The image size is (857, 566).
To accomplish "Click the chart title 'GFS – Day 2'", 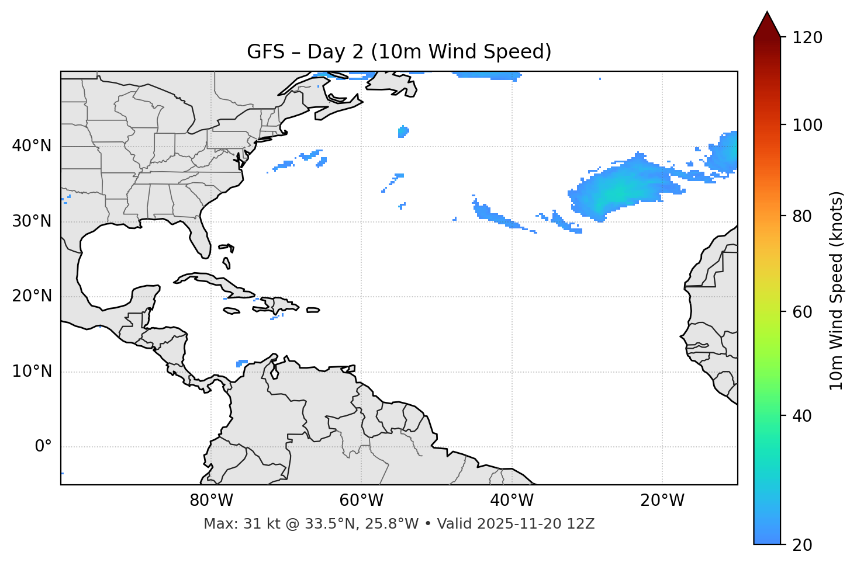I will [399, 52].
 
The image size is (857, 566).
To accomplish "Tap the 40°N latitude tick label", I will [32, 146].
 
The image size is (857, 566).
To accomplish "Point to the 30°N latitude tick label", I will [32, 221].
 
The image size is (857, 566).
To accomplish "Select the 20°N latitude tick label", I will [32, 296].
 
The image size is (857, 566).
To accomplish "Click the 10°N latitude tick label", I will [32, 371].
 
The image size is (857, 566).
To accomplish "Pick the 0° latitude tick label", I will [43, 447].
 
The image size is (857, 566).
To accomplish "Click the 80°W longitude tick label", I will [211, 501].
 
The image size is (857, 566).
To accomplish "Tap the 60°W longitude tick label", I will [361, 501].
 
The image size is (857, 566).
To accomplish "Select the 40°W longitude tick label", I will [512, 501].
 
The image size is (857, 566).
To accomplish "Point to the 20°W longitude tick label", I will [662, 501].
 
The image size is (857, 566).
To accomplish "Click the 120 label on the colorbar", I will [807, 38].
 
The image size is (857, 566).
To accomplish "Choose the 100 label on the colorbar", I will [807, 125].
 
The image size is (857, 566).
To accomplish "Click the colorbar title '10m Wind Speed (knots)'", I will [837, 291].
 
